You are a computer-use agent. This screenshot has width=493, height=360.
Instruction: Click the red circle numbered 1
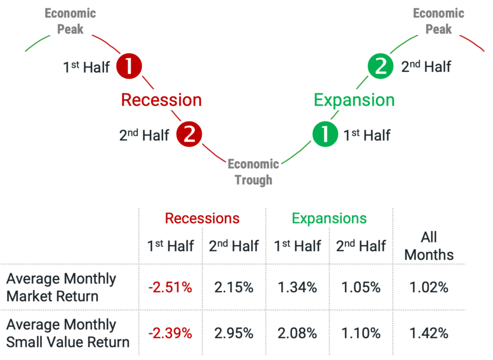(129, 66)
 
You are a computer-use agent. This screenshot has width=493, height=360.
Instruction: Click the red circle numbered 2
(189, 134)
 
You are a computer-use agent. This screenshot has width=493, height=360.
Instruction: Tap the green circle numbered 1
(325, 134)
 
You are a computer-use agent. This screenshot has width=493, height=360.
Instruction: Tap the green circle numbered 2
(380, 66)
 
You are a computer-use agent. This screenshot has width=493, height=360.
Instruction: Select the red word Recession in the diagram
(161, 100)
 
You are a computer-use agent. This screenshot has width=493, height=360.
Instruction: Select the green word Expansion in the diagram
(354, 101)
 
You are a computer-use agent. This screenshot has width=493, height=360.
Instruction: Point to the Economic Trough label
(253, 172)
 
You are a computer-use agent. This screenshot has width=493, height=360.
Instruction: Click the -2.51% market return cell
(170, 287)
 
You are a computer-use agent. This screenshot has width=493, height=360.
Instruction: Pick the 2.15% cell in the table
(234, 287)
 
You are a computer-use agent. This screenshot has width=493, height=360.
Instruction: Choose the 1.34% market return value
(297, 287)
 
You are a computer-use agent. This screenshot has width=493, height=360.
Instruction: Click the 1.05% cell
(361, 287)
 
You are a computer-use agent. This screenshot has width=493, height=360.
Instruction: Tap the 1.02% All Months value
(429, 287)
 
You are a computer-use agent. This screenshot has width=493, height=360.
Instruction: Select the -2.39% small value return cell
(170, 333)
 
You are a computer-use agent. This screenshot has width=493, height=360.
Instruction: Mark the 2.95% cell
(234, 333)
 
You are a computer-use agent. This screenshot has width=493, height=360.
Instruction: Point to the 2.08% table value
(297, 333)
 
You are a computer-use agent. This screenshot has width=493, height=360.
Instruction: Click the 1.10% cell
(361, 333)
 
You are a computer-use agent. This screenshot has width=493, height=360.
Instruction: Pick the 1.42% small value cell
(429, 333)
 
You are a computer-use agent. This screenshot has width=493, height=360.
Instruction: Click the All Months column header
(429, 246)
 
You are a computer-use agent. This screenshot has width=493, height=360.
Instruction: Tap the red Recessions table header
(202, 218)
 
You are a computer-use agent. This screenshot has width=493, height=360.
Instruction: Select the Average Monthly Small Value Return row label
(68, 333)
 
